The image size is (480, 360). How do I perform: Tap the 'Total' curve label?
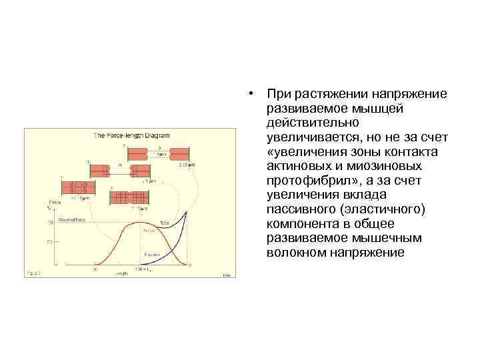pos(164,222)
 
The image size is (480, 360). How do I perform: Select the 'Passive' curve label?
pos(152,255)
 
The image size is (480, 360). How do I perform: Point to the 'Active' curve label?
pos(148,230)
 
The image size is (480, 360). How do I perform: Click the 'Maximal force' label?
pos(71,218)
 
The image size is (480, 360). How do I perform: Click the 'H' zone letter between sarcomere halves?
pos(120,164)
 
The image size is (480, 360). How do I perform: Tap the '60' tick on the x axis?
pos(95,271)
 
